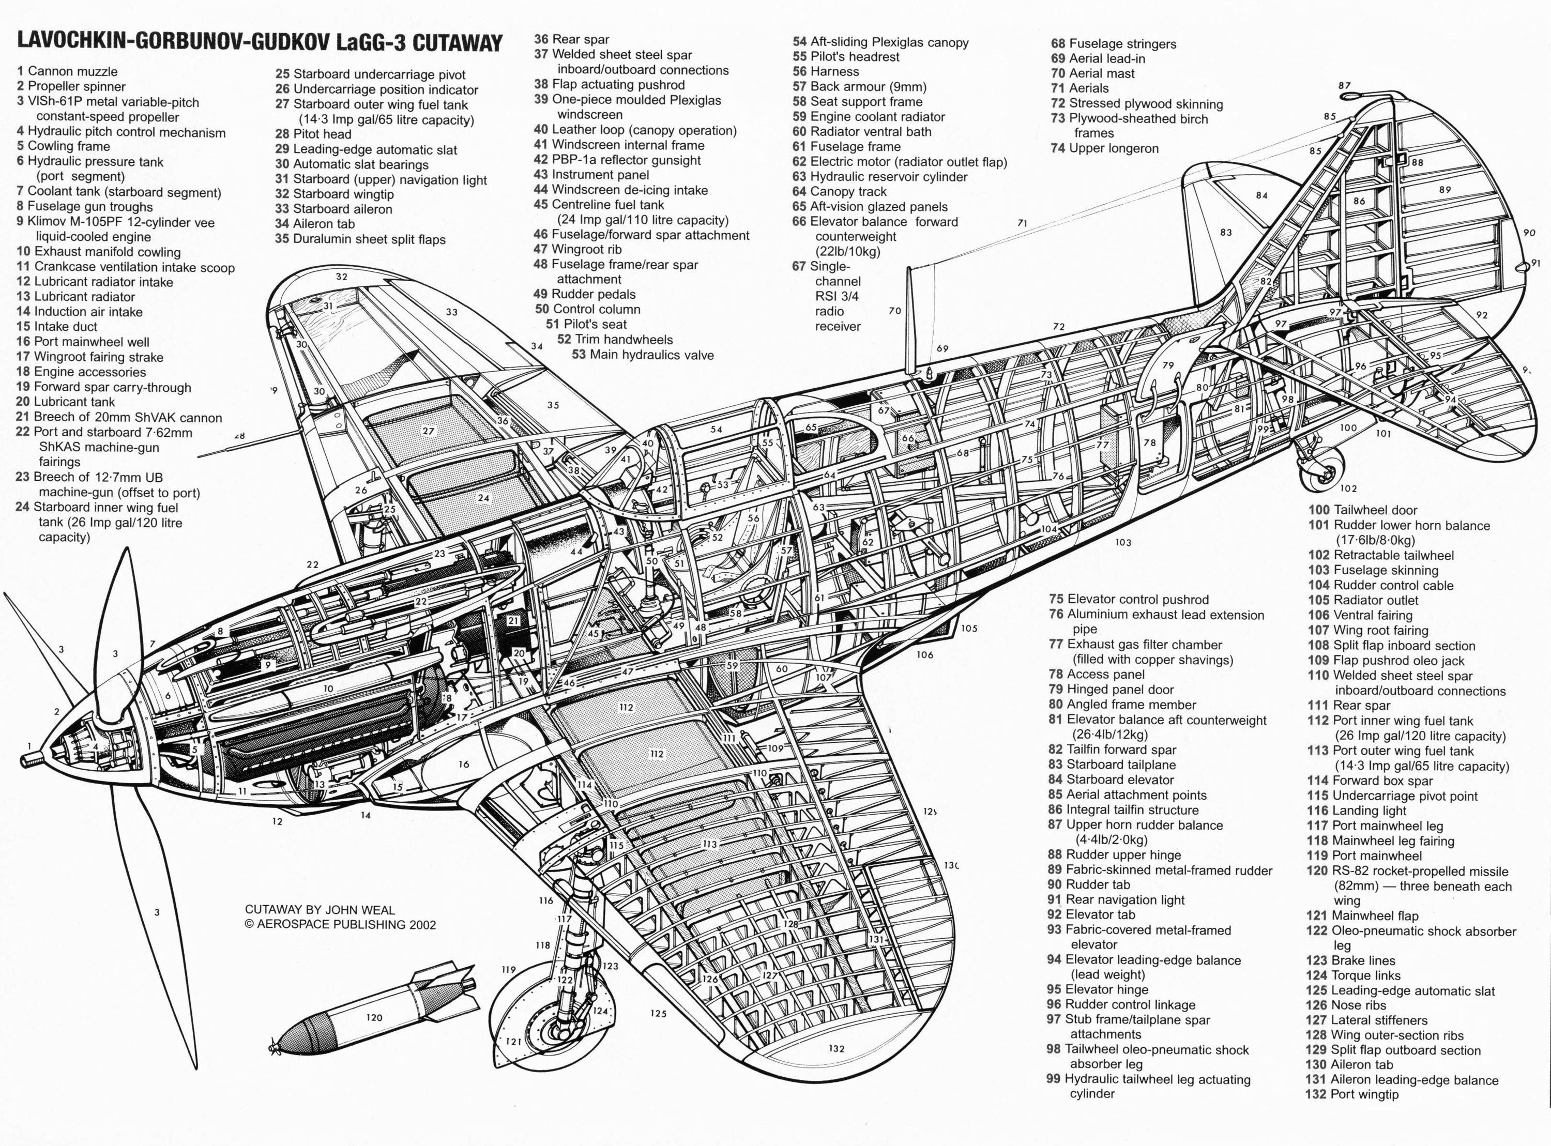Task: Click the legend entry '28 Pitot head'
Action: point(313,134)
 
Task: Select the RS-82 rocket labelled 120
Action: point(375,1016)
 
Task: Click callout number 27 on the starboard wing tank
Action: point(428,431)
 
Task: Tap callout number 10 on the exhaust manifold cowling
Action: point(328,689)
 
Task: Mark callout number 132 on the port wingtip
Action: point(836,1048)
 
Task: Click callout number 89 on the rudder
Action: point(1445,189)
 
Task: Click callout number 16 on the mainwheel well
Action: point(463,765)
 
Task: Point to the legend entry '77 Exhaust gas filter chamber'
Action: point(1141,645)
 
